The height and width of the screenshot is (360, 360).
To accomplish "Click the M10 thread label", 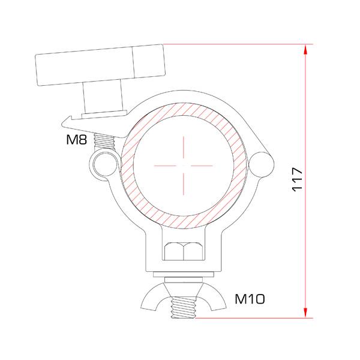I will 250,298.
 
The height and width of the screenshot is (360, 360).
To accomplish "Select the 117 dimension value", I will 297,180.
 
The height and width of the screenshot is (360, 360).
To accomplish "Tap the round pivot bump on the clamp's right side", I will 262,164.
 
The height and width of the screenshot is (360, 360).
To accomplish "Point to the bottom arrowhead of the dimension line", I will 307,312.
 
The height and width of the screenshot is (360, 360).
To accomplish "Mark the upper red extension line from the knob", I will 234,44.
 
